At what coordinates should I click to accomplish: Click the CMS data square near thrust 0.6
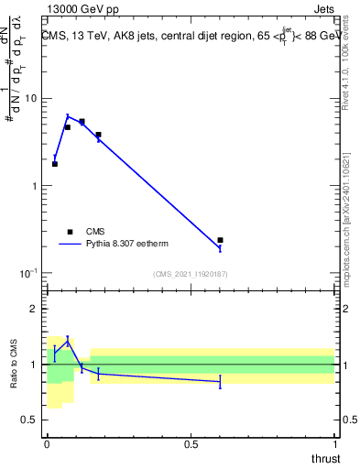pos(220,240)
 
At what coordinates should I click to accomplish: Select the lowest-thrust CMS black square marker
pos(55,164)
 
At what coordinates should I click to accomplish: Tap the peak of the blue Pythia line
pos(68,115)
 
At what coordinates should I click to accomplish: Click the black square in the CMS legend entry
pos(69,231)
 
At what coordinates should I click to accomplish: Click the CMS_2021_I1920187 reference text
pos(190,274)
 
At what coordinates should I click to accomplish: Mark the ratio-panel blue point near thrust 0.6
pos(220,381)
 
